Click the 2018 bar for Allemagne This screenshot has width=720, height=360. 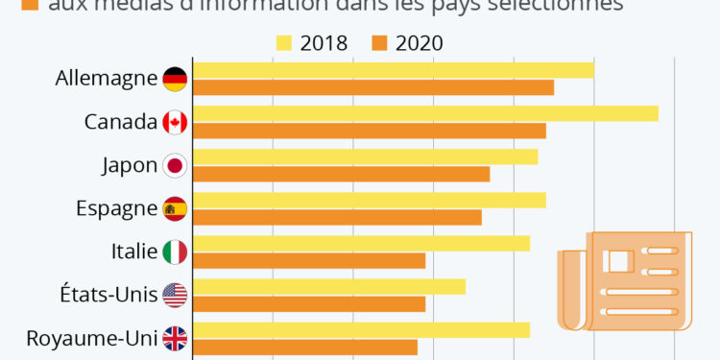tap(394, 70)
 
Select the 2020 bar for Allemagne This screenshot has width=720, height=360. tap(373, 87)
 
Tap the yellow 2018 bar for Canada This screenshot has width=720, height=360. tap(425, 113)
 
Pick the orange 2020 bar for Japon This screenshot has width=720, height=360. tap(342, 174)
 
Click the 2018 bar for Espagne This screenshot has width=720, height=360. tap(370, 200)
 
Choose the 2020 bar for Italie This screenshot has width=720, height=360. tap(309, 260)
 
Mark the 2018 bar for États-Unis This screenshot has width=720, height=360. tap(329, 286)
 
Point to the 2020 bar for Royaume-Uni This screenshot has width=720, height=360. tap(305, 347)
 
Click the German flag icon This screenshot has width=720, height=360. tap(175, 79)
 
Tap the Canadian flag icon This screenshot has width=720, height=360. tap(175, 122)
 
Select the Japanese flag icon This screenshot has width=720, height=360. tap(175, 165)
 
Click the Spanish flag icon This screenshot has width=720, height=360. tap(175, 208)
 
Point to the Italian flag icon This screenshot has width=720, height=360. tap(175, 252)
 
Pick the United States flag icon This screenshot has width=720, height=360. tap(175, 295)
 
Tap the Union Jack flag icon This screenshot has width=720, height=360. tap(175, 338)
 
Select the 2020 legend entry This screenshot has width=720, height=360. tap(407, 43)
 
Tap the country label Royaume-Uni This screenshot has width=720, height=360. tap(92, 338)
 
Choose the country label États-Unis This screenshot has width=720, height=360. tap(106, 295)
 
